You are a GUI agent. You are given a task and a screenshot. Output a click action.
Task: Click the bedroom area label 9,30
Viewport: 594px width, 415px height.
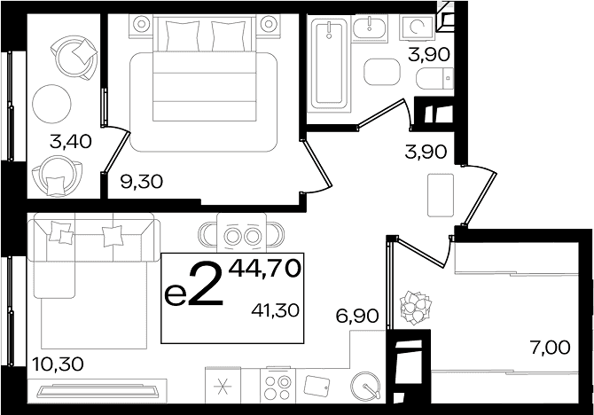pyautogui.click(x=141, y=182)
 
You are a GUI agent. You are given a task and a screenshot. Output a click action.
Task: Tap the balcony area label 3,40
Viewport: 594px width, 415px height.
pyautogui.click(x=71, y=142)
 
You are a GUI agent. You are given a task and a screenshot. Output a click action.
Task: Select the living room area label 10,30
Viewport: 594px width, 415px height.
pyautogui.click(x=58, y=364)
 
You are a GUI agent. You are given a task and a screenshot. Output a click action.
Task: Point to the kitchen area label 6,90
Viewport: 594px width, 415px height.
pyautogui.click(x=357, y=316)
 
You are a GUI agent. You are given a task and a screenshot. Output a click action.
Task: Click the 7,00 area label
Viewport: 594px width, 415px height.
pyautogui.click(x=550, y=348)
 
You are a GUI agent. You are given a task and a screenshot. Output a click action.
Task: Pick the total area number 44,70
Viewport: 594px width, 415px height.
pyautogui.click(x=264, y=269)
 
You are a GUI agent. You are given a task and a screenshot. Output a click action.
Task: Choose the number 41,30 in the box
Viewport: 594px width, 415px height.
pyautogui.click(x=276, y=310)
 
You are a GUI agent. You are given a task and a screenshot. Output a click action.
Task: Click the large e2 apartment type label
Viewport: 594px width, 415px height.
pyautogui.click(x=193, y=285)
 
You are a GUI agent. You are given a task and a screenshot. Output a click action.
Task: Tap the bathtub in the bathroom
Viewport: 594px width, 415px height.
pyautogui.click(x=329, y=64)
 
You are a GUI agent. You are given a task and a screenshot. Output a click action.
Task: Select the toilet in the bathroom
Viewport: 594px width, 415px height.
pyautogui.click(x=434, y=79)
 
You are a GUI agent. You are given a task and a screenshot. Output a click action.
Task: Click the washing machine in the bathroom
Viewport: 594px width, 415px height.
pyautogui.click(x=417, y=27)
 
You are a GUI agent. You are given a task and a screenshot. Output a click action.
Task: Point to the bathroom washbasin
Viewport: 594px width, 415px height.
pyautogui.click(x=370, y=27)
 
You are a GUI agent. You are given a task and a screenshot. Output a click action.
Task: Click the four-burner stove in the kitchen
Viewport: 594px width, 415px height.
pyautogui.click(x=277, y=385)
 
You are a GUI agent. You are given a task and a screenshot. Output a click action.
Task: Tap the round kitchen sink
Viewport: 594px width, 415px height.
pyautogui.click(x=365, y=386)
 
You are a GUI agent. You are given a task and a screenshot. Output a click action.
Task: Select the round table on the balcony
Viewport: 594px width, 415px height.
pyautogui.click(x=52, y=104)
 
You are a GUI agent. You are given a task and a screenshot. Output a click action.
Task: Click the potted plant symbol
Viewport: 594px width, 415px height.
pyautogui.click(x=416, y=307)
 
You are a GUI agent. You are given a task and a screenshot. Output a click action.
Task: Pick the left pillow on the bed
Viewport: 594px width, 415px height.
pyautogui.click(x=183, y=35)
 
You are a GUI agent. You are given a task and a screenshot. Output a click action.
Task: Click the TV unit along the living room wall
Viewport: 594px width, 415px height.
pyautogui.click(x=97, y=390)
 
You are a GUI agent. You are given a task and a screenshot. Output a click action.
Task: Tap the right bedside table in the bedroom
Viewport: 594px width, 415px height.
pyautogui.click(x=269, y=24)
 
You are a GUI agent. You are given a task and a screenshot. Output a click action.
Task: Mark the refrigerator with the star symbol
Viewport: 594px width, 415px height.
pyautogui.click(x=223, y=386)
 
